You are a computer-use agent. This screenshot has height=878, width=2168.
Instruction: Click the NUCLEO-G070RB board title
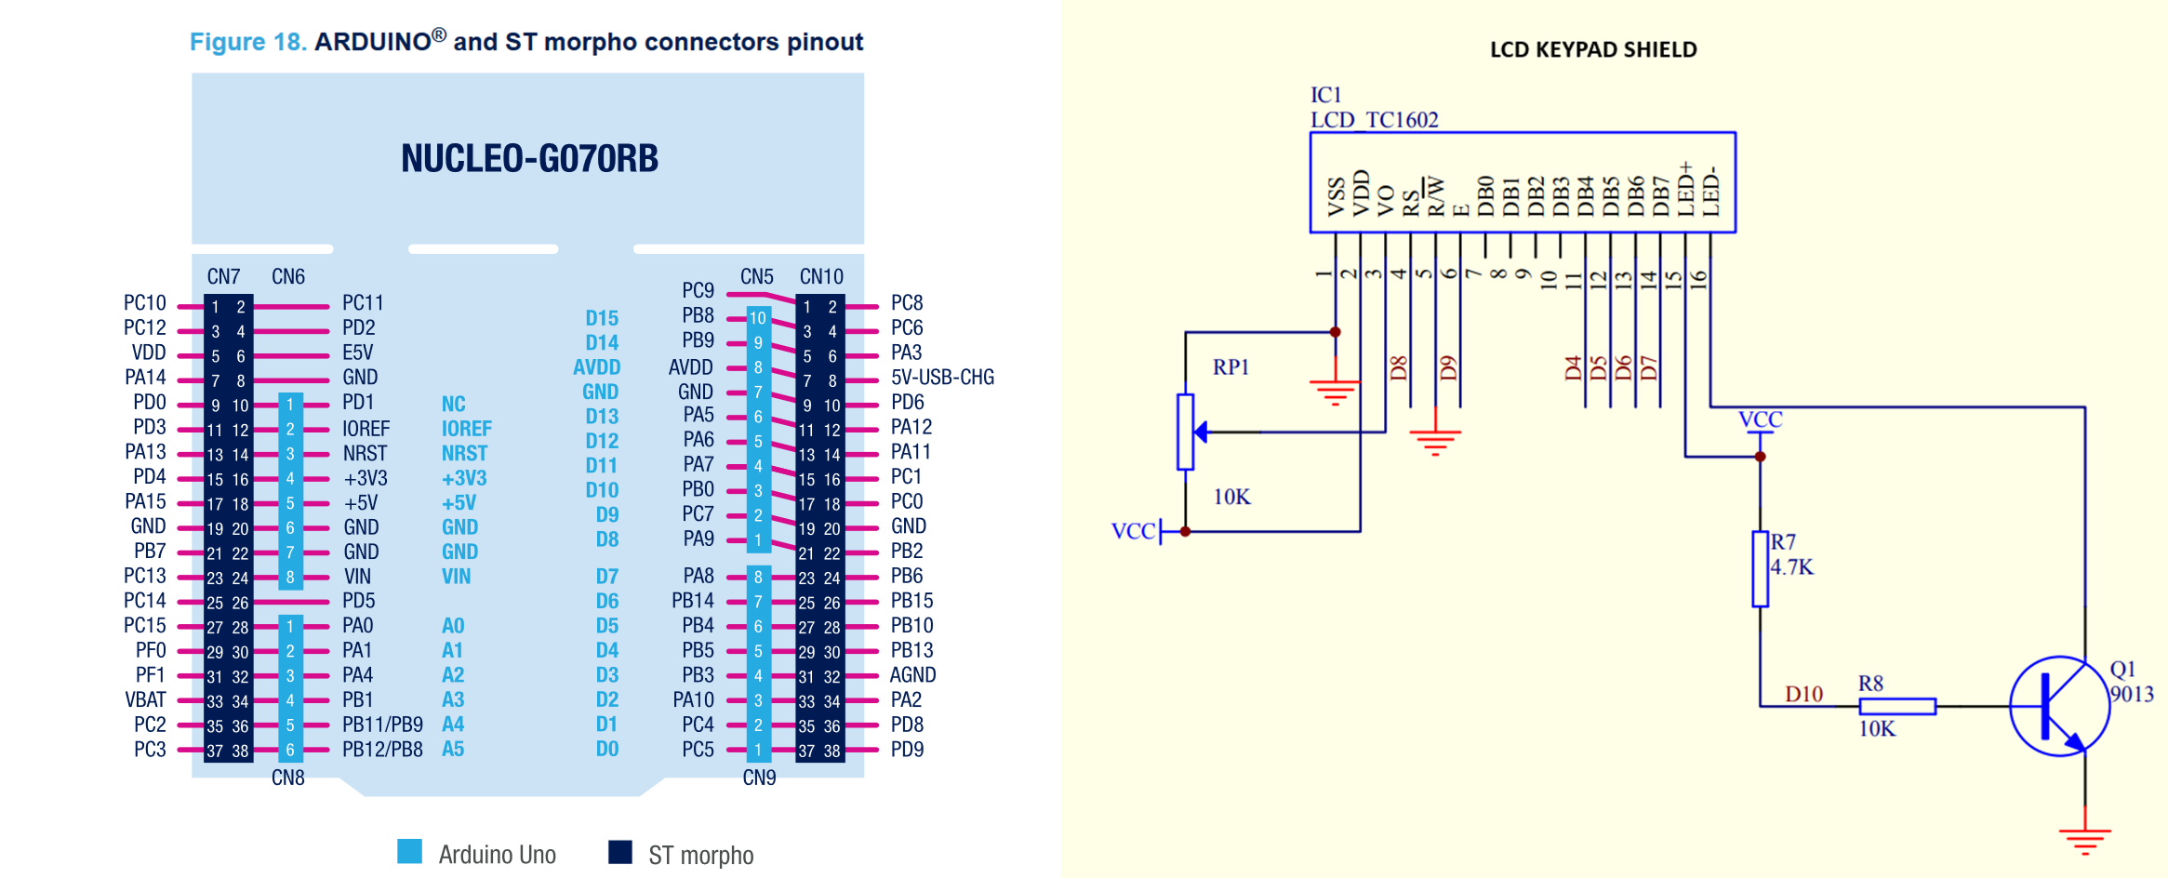pyautogui.click(x=529, y=158)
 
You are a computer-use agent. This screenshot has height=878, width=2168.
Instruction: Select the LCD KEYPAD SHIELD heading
pyautogui.click(x=1593, y=50)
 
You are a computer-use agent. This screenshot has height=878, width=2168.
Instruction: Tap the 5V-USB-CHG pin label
pyautogui.click(x=942, y=378)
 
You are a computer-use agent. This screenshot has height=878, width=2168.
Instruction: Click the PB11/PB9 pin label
pyautogui.click(x=382, y=725)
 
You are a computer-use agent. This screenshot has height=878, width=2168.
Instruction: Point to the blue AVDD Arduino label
pyautogui.click(x=596, y=367)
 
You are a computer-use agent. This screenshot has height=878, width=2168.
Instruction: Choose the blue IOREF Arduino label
pyautogui.click(x=466, y=429)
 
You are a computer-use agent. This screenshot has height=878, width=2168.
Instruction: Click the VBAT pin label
pyautogui.click(x=146, y=699)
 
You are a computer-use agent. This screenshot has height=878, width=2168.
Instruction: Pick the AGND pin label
pyautogui.click(x=912, y=675)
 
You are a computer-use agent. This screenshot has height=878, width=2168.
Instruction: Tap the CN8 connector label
pyautogui.click(x=287, y=778)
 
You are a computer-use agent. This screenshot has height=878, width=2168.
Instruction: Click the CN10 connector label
pyautogui.click(x=821, y=277)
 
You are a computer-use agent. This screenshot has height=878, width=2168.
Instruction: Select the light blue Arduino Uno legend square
pyautogui.click(x=409, y=852)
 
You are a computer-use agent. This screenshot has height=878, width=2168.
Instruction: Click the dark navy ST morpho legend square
pyautogui.click(x=620, y=852)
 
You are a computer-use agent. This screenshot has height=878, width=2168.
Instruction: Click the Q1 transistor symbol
pyautogui.click(x=2058, y=706)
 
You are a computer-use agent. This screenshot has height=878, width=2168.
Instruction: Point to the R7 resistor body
pyautogui.click(x=1760, y=569)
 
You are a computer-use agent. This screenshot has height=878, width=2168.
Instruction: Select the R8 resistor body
pyautogui.click(x=1897, y=707)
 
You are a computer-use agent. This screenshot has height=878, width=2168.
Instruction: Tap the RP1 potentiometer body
pyautogui.click(x=1185, y=432)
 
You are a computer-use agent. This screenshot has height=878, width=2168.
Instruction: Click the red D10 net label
pyautogui.click(x=1803, y=694)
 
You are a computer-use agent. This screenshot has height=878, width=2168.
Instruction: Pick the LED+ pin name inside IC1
pyautogui.click(x=1685, y=190)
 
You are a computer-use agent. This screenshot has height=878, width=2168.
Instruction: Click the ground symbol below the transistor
pyautogui.click(x=2084, y=840)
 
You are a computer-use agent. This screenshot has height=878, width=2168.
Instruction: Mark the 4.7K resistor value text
pyautogui.click(x=1792, y=567)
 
